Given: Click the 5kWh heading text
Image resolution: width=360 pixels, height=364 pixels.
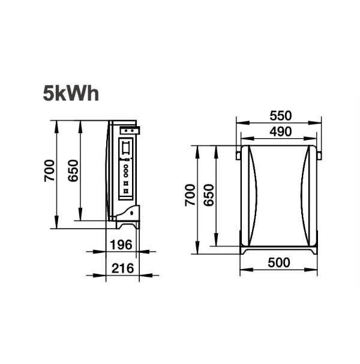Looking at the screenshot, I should [x=70, y=94].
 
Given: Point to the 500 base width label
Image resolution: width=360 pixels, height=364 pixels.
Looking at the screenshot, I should [x=278, y=262].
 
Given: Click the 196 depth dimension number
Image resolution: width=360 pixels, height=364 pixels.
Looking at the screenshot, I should [x=122, y=244].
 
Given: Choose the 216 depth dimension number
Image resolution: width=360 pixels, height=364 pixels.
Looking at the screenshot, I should [x=122, y=268].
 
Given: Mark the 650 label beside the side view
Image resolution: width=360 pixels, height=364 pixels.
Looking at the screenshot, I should [x=73, y=171].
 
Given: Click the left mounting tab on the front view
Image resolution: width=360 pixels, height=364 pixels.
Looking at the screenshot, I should [x=238, y=156].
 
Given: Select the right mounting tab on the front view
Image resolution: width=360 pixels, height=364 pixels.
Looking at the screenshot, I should [x=319, y=156].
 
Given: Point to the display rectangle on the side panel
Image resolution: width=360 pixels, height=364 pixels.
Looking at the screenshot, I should [x=127, y=147].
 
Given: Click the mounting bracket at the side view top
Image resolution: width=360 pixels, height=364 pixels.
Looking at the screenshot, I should [x=130, y=129].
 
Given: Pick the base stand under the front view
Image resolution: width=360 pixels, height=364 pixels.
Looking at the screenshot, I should [x=278, y=248].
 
